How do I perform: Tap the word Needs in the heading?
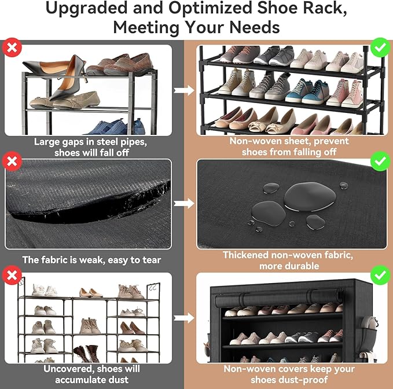pos(253,27)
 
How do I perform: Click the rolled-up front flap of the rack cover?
pos(284,300)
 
